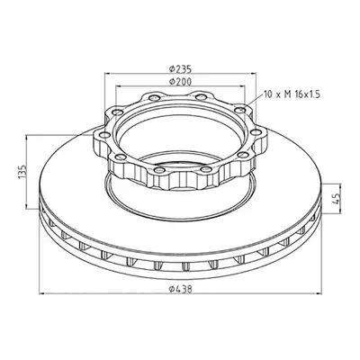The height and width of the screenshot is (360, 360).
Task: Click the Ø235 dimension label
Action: coord(180,69)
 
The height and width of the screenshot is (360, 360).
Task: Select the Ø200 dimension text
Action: coord(180,81)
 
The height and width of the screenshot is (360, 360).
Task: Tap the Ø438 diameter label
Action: coord(180,289)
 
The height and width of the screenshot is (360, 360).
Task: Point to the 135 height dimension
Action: coord(22,172)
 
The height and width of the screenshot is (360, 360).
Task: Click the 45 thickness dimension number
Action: coord(337,199)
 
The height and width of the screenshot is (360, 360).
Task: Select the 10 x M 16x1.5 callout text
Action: coord(292,94)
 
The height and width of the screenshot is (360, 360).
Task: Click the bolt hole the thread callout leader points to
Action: coord(239,111)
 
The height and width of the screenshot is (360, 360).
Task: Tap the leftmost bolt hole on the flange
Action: coord(103,135)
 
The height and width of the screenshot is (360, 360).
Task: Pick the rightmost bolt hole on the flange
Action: coord(256,132)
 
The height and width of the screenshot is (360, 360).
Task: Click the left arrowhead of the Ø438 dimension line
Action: coord(42,294)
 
